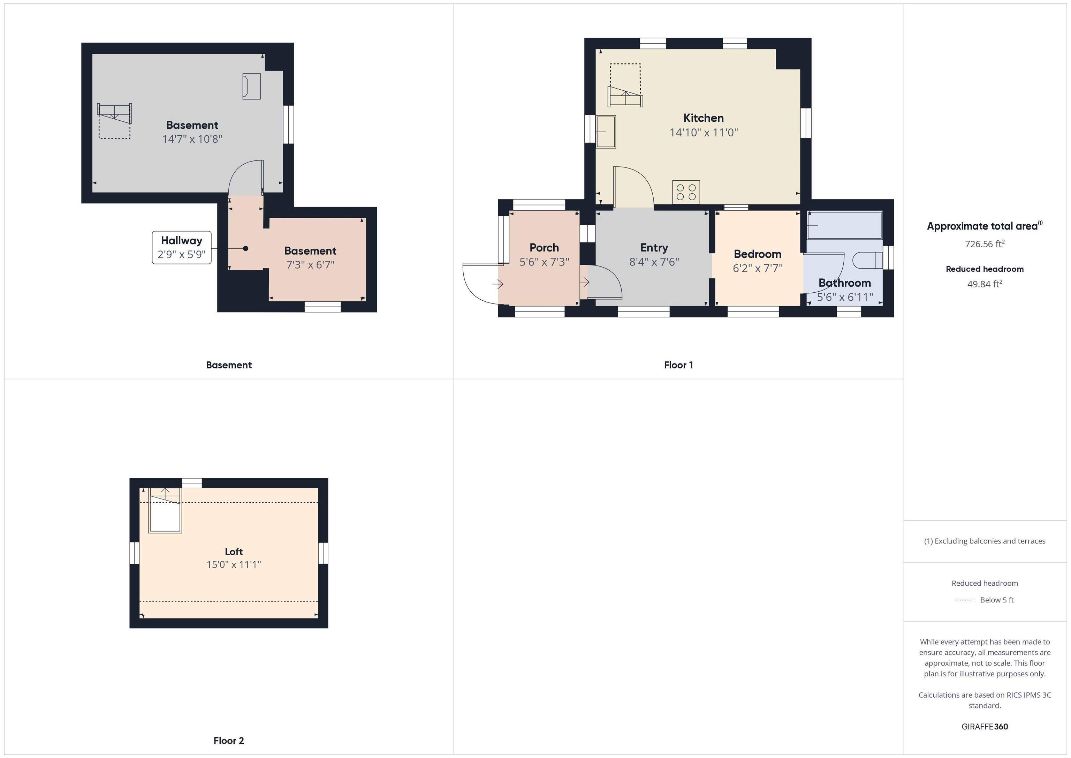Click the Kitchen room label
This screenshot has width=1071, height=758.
(x=704, y=118)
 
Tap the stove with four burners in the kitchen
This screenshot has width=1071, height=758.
(x=686, y=192)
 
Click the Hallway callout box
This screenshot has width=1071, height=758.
(x=181, y=247)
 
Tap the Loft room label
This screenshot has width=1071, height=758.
(x=234, y=552)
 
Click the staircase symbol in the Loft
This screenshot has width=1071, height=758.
(x=165, y=510)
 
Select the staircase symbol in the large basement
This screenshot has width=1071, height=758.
(x=114, y=120)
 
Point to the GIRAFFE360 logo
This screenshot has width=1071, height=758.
(x=984, y=726)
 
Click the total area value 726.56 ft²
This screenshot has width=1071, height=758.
(x=984, y=243)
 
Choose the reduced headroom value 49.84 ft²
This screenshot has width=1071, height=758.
(x=984, y=284)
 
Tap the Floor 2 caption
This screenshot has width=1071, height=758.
(x=229, y=740)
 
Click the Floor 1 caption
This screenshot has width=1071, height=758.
(x=678, y=365)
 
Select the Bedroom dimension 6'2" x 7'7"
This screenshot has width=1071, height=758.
(x=758, y=268)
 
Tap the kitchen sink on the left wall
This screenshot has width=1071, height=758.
(x=606, y=132)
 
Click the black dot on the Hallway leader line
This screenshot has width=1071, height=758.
(x=245, y=248)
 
